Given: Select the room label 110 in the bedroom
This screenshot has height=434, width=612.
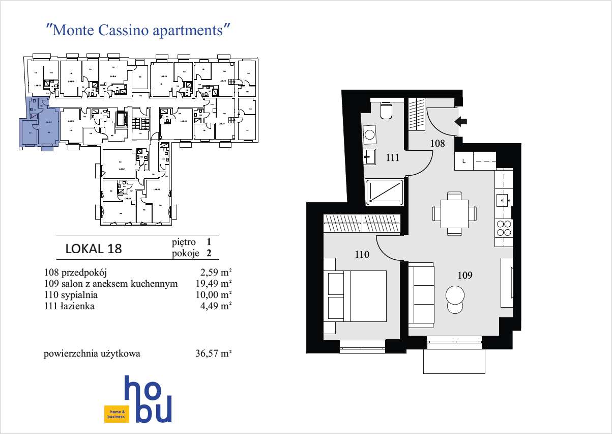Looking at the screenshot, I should (x=362, y=255).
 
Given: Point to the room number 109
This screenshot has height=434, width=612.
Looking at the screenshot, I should (x=465, y=276).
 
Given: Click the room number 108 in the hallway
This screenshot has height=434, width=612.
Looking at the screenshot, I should (x=438, y=144).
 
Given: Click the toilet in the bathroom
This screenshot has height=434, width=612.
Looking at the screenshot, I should (x=386, y=110).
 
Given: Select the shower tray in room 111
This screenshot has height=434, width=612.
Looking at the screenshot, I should (x=385, y=192).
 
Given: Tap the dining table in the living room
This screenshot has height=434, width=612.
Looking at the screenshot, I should (x=454, y=213).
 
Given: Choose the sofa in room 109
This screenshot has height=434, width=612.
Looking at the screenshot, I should (x=421, y=295).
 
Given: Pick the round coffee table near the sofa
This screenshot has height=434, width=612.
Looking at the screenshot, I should (x=454, y=296).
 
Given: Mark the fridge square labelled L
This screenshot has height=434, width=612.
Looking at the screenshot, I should (x=463, y=161).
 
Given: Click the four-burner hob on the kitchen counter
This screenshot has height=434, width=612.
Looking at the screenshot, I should (x=504, y=228).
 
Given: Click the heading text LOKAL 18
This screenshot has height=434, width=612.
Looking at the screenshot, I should (x=94, y=249).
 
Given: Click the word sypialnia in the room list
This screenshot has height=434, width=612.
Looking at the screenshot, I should (x=79, y=295).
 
